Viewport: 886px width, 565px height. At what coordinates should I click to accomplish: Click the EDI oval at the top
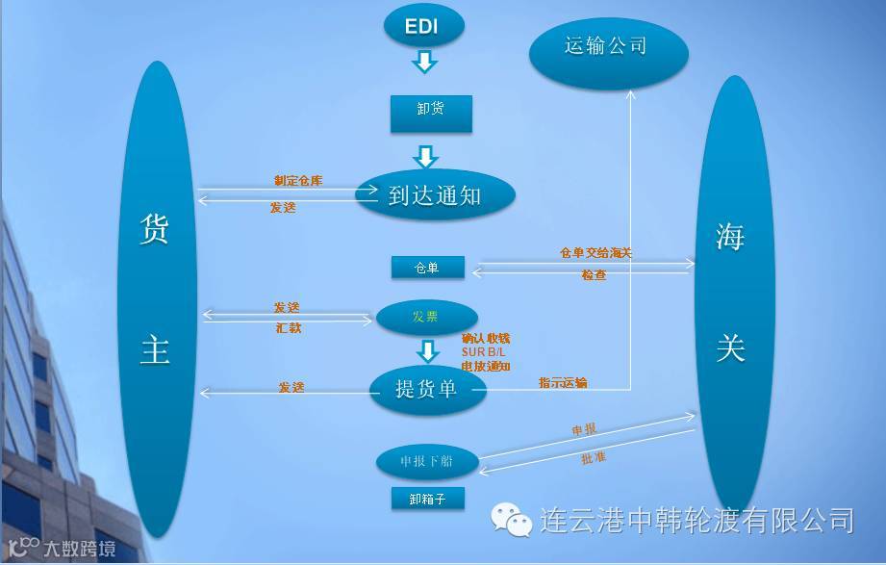click(x=423, y=26)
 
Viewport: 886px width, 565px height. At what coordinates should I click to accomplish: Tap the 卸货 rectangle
click(x=430, y=111)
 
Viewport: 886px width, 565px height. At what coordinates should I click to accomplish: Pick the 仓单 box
click(x=427, y=269)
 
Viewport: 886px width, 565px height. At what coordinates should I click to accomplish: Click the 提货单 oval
click(x=427, y=389)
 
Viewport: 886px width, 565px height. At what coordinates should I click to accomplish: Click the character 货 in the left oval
click(x=155, y=233)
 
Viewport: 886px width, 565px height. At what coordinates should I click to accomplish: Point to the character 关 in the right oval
click(x=731, y=348)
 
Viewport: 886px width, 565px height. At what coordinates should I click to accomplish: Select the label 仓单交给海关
click(x=595, y=253)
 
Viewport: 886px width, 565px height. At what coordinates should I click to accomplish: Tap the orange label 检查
click(x=594, y=275)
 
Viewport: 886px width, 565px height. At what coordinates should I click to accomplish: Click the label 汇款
click(x=289, y=328)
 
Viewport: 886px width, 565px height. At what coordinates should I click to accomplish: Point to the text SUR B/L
click(x=485, y=352)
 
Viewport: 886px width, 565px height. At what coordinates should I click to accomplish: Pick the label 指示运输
click(x=563, y=383)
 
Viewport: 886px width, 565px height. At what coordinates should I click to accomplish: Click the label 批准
click(x=594, y=458)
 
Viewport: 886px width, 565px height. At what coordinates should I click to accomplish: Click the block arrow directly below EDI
click(x=424, y=63)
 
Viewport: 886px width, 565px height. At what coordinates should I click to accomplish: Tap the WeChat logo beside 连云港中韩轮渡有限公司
click(x=512, y=520)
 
